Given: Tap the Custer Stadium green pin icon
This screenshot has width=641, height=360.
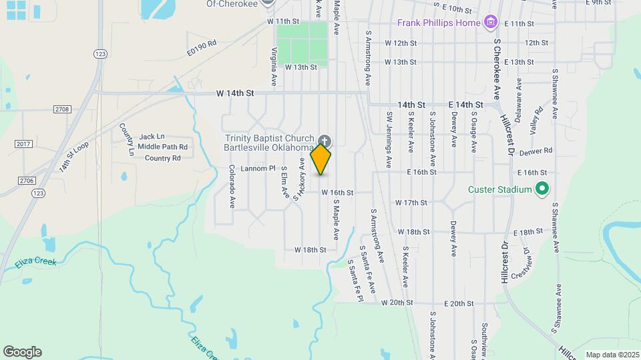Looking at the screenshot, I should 543,190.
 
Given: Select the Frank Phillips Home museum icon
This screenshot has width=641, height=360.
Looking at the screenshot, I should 491,23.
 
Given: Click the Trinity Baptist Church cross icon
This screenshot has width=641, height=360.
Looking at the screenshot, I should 325,141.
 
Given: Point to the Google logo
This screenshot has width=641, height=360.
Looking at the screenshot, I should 22,352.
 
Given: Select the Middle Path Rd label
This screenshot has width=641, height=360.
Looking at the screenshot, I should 163,147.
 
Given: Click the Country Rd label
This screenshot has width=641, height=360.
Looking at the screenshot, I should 163,158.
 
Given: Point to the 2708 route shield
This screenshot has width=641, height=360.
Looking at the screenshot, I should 61,108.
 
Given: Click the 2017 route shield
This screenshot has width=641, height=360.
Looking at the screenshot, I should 23,144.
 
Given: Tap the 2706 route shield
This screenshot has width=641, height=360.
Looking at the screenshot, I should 27,180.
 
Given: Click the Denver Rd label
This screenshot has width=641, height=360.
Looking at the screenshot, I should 541,151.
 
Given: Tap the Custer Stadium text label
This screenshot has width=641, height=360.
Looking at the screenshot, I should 504,190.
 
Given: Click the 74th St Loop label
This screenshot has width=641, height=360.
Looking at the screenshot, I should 73,156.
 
